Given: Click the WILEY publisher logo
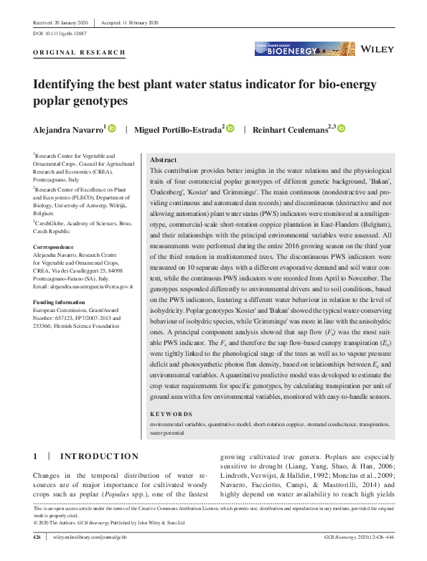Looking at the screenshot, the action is pyautogui.click(x=377, y=49).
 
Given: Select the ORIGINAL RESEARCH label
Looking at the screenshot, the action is pyautogui.click(x=80, y=53).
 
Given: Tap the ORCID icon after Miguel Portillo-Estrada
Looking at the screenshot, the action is pyautogui.click(x=230, y=129).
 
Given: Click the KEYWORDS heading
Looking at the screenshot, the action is pyautogui.click(x=172, y=414).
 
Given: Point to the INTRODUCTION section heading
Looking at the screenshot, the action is pyautogui.click(x=99, y=456).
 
